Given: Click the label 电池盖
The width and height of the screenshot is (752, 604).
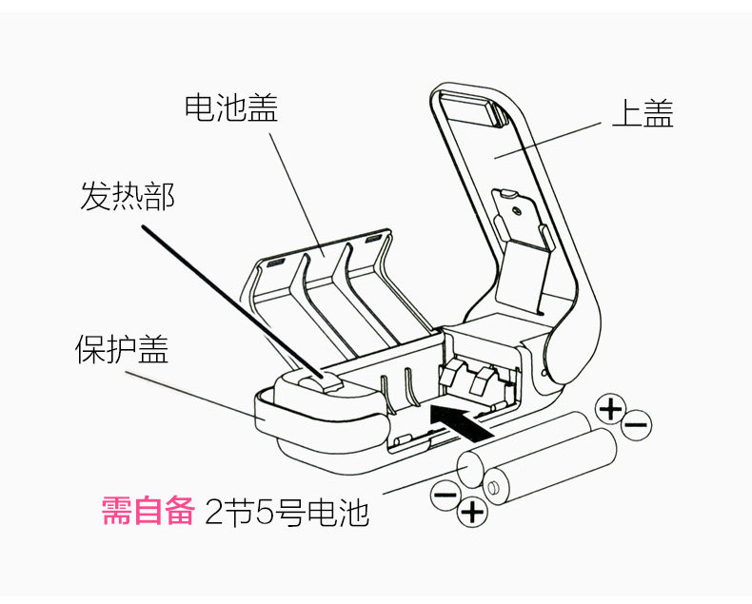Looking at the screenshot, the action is tap(230, 107).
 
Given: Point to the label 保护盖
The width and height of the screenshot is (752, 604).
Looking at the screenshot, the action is tap(122, 349).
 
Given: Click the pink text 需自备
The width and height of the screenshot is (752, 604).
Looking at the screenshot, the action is tap(148, 512).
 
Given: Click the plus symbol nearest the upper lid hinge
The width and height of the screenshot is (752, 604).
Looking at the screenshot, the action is tap(610, 409).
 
